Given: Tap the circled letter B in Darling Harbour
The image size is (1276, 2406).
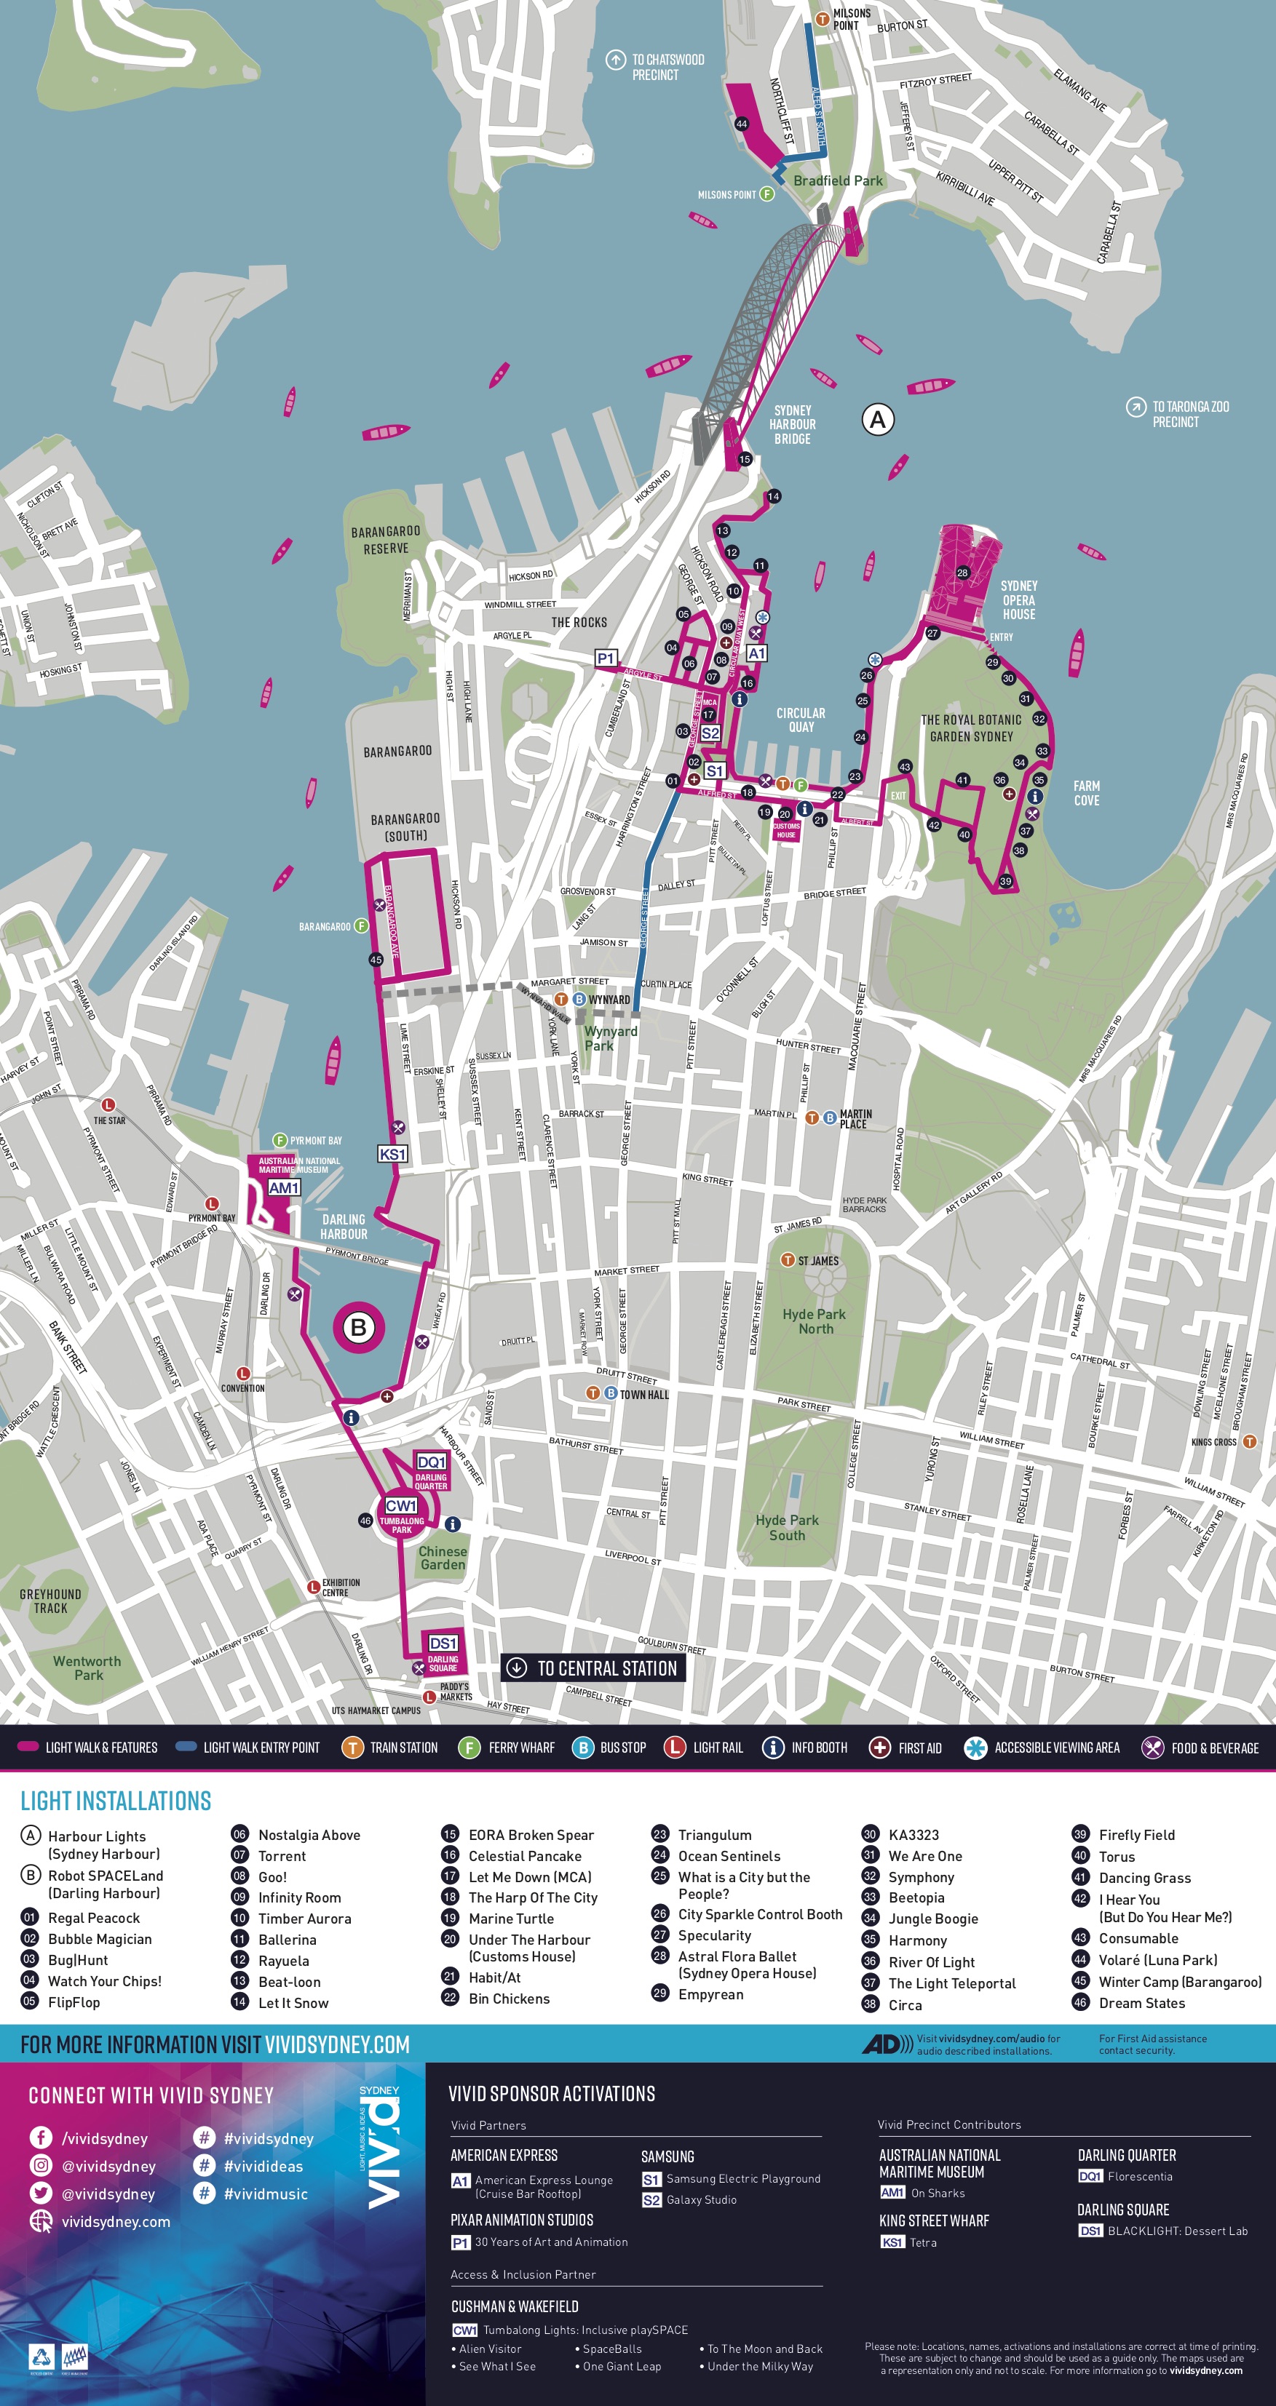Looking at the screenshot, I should [358, 1327].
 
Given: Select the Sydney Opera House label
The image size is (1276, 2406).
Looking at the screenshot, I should [1018, 599].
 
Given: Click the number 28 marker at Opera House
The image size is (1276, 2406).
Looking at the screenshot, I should [962, 573].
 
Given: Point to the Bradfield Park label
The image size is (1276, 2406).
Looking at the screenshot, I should [837, 180].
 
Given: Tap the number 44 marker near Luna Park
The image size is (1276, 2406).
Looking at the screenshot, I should [742, 123].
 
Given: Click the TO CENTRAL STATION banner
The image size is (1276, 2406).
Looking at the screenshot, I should [593, 1668].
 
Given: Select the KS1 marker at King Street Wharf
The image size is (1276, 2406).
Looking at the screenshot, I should [392, 1155].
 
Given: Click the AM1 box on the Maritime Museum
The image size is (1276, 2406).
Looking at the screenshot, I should [284, 1188].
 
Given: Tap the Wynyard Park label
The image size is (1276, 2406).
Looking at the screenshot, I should [611, 1037].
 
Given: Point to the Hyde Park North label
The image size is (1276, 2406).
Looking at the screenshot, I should [815, 1320].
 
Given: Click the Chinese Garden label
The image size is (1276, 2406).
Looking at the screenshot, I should [443, 1557].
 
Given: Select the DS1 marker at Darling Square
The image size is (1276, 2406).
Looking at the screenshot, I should [443, 1643].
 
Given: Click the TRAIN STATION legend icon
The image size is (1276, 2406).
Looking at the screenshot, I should [352, 1748].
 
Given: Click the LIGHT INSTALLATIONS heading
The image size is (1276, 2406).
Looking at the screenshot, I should [116, 1801].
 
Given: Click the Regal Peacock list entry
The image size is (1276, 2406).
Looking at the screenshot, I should [93, 1918].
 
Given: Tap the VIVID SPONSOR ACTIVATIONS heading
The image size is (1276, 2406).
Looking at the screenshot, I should [551, 2093].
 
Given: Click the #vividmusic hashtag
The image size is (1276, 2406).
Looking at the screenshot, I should [265, 2193].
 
